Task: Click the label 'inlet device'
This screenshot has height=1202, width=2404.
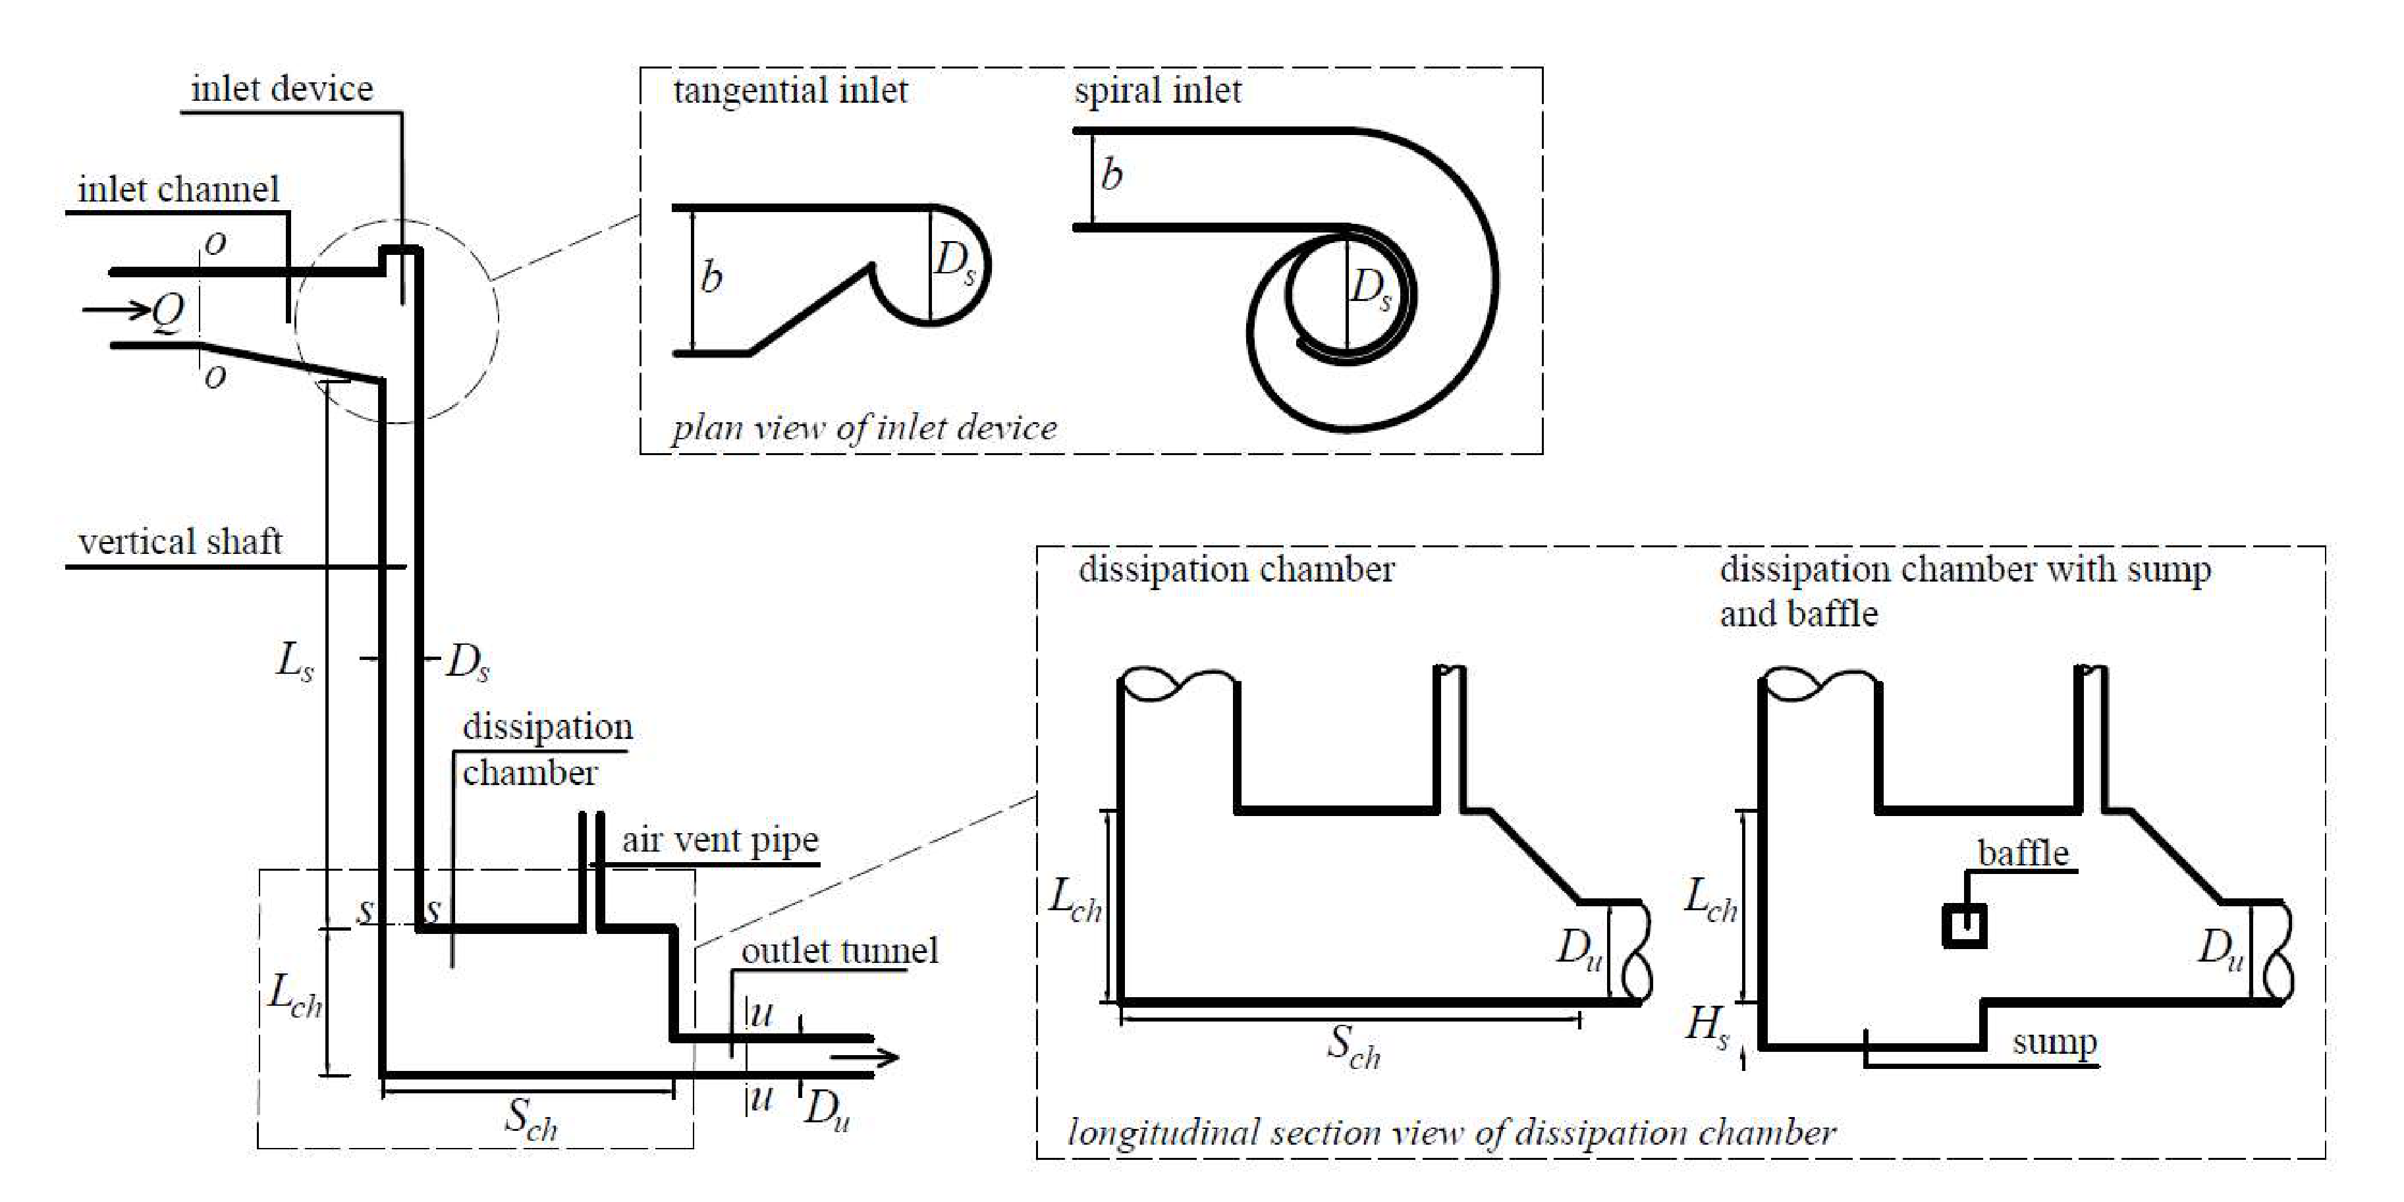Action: pos(282,90)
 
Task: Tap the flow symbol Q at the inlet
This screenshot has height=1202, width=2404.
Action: pos(169,311)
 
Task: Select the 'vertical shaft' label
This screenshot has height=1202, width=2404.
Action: pos(179,541)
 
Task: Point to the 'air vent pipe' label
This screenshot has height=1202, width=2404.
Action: pos(719,840)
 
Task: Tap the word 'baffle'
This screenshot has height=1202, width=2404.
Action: pos(2022,853)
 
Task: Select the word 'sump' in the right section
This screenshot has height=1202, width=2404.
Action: pos(2054,1041)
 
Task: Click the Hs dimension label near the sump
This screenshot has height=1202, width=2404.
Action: pos(1707,1025)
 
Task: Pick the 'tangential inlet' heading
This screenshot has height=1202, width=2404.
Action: pos(790,90)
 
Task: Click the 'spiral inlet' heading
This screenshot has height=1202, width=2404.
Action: pos(1157,90)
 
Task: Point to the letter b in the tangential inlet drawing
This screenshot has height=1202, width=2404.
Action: pos(711,277)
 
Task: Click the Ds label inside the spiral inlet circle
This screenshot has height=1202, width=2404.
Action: pos(1370,289)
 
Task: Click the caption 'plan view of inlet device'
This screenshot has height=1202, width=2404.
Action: pos(864,428)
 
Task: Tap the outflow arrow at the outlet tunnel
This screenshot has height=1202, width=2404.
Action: pos(864,1057)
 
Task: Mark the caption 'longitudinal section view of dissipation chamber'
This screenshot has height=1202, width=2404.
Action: pos(1451,1132)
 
